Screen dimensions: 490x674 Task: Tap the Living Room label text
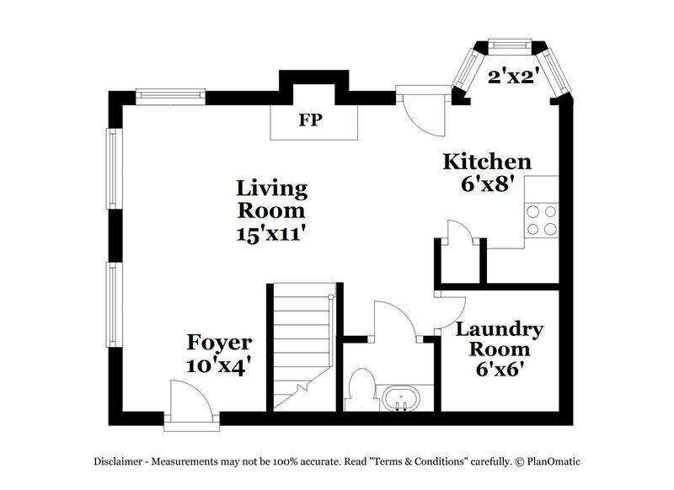[x=271, y=198]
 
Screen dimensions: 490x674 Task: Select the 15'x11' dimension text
[x=271, y=233]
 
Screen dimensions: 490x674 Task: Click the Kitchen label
[x=488, y=162]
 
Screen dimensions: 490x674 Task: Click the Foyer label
[x=219, y=343]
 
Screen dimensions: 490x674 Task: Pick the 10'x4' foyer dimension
[x=219, y=366]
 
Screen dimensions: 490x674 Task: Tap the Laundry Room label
[x=500, y=338]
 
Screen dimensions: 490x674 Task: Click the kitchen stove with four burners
[x=542, y=220]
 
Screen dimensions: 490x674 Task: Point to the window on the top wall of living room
[x=172, y=94]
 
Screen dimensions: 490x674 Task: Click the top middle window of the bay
[x=509, y=45]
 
